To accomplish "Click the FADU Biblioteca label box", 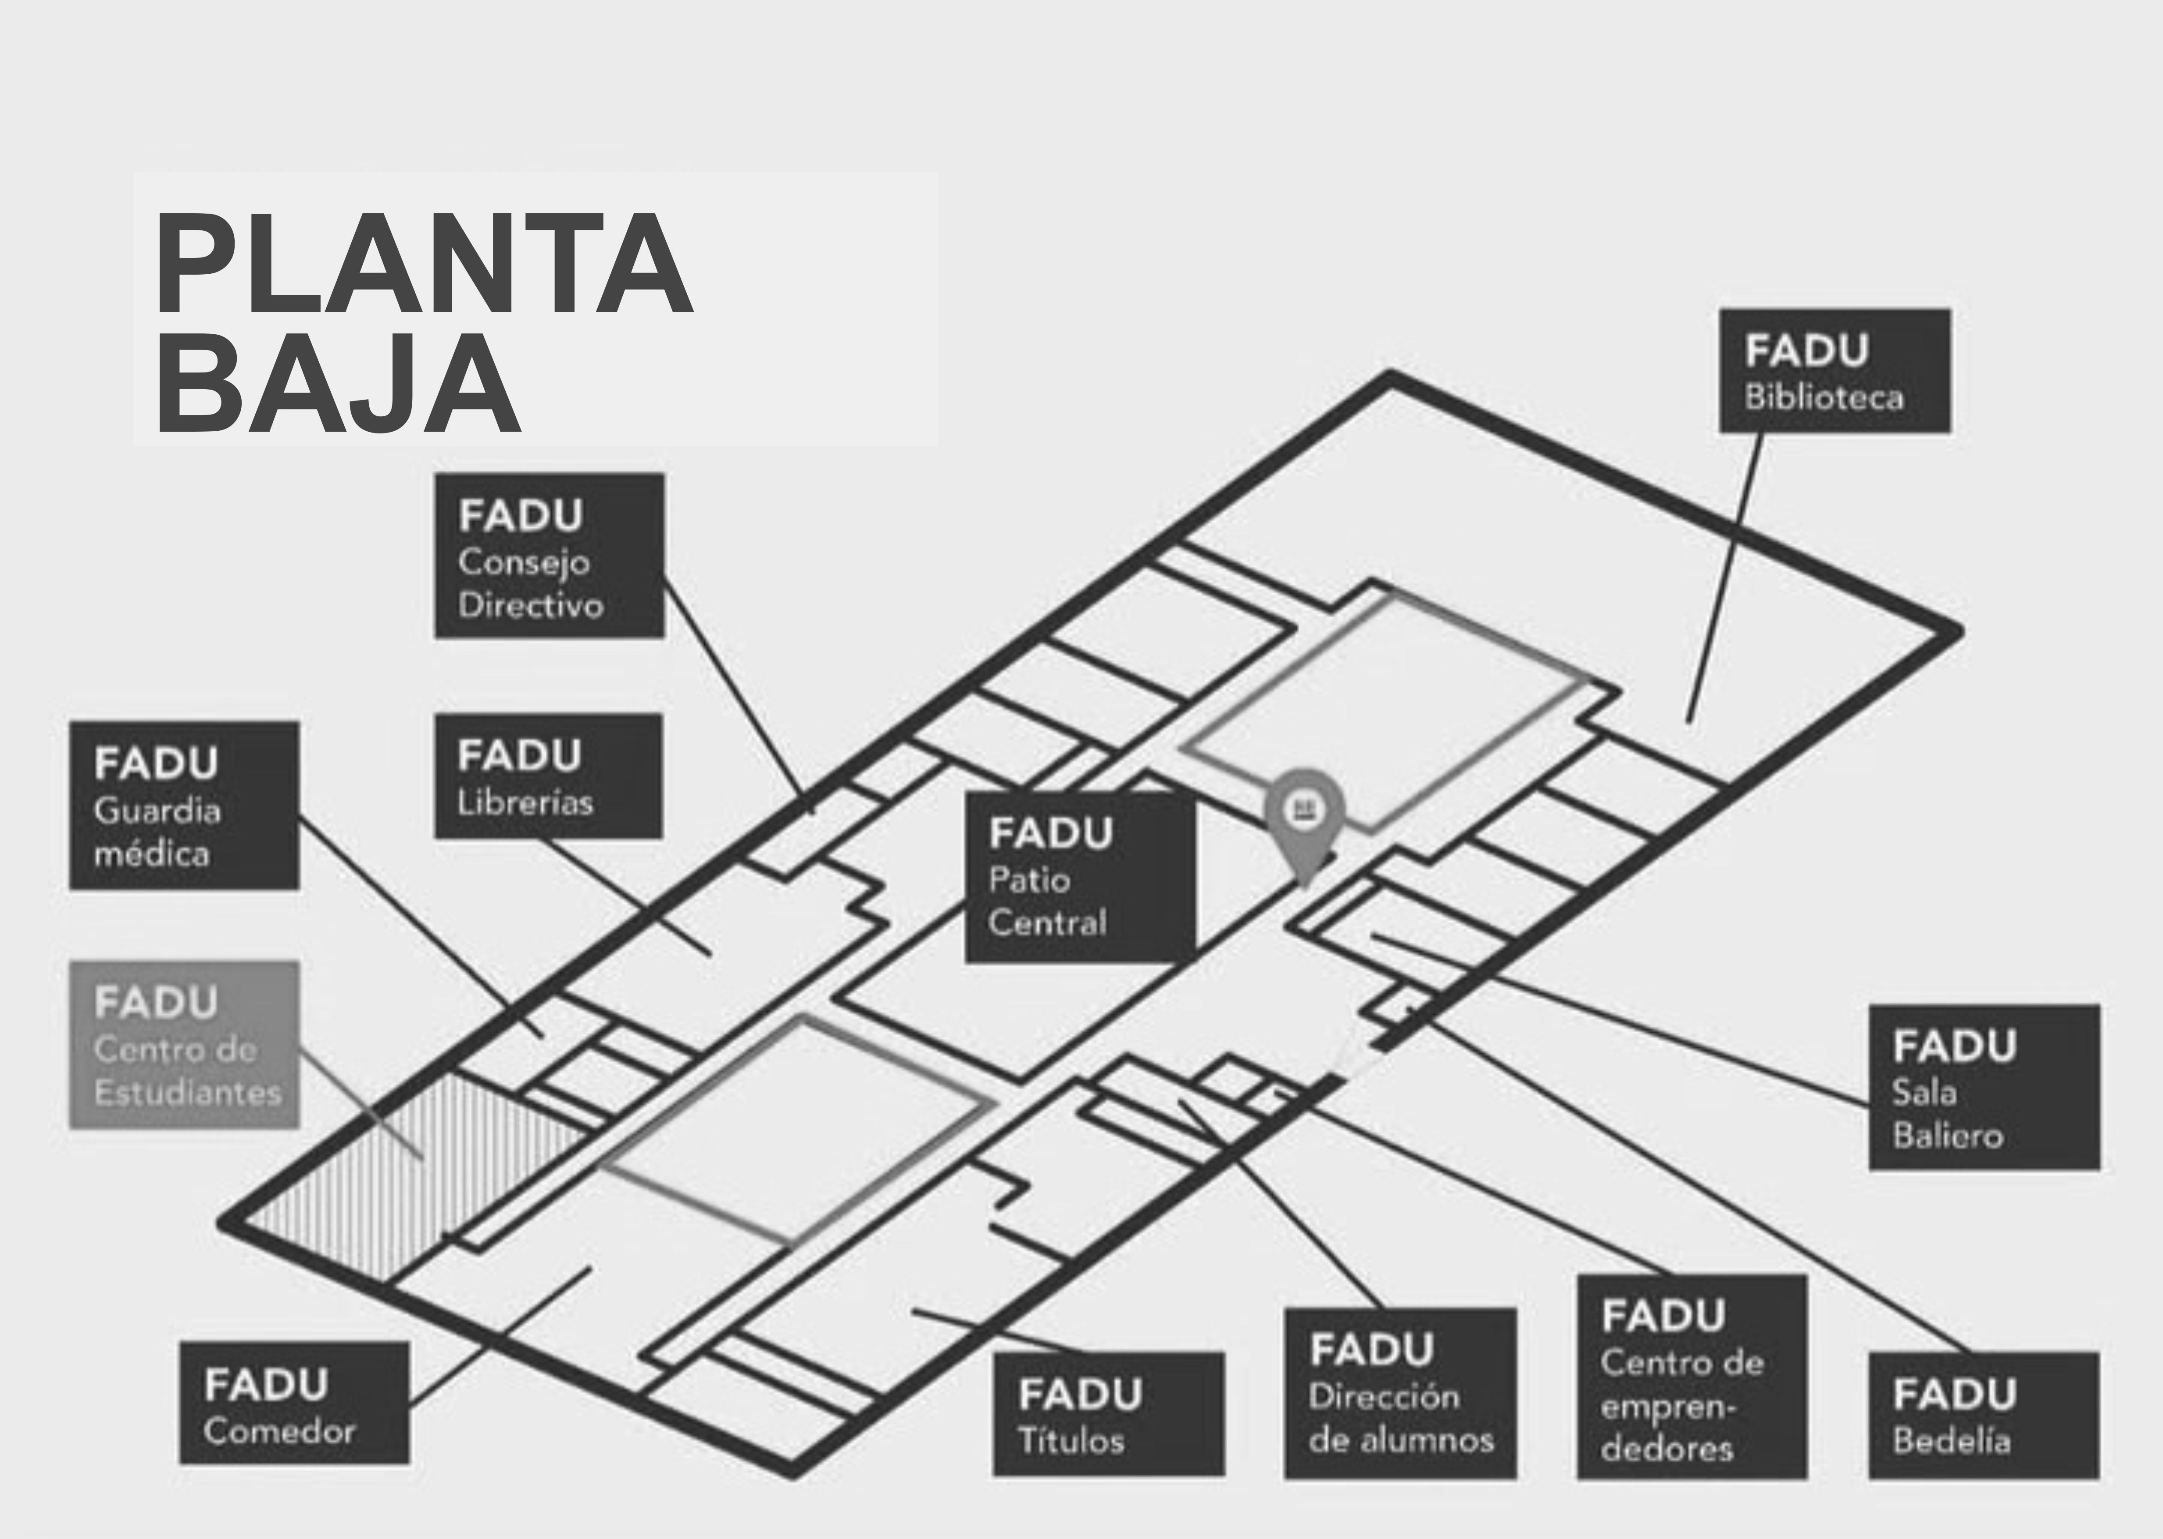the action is coord(1835,371).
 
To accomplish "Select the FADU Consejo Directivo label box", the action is coord(550,555).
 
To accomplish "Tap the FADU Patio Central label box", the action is coord(1080,877).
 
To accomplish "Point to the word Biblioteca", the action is coord(1824,397).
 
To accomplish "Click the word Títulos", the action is coord(1071,1440).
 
